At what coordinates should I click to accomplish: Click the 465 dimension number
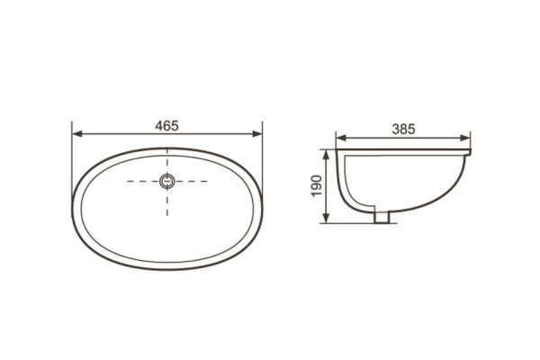click(166, 126)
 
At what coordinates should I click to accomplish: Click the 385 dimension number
click(403, 129)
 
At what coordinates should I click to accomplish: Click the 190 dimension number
click(317, 186)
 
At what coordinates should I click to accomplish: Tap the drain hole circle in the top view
click(167, 181)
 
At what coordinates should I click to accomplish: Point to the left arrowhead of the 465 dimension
click(77, 134)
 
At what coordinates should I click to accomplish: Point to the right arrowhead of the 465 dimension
click(257, 134)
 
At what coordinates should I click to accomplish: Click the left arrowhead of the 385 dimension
click(341, 138)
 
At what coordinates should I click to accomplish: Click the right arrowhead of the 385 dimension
click(465, 138)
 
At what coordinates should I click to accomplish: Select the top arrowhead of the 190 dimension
click(326, 155)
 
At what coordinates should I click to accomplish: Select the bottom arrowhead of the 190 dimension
click(326, 218)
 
